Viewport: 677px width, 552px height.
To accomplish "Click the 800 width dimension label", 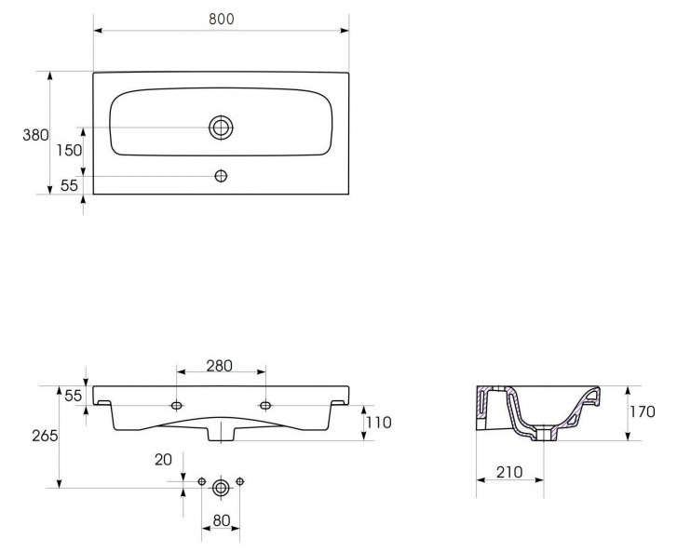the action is tap(221, 19).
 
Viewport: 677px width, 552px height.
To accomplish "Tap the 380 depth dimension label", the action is tap(35, 135).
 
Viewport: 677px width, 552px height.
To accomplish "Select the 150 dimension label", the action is tap(69, 150).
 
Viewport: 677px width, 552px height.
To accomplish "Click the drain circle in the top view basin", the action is tap(221, 128).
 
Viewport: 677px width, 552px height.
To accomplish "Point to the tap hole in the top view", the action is tap(221, 176).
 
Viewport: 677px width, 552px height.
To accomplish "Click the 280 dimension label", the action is tap(220, 366).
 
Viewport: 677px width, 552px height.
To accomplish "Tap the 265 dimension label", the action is tap(45, 436).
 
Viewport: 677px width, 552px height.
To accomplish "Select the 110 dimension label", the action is tap(379, 422).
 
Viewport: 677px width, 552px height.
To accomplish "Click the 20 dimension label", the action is tap(163, 460).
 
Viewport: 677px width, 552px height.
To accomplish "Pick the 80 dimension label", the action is tap(221, 520).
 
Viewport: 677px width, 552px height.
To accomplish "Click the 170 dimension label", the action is tap(642, 411).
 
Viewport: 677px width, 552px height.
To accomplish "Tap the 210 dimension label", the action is tap(509, 472).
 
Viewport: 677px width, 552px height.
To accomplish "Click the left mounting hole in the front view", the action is tap(177, 405).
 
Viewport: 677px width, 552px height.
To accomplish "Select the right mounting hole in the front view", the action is tap(265, 405).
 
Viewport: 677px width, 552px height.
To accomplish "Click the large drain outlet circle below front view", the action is tap(221, 488).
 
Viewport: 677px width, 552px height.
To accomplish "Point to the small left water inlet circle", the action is tap(202, 481).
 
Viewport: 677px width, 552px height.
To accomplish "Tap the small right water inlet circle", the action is tap(240, 481).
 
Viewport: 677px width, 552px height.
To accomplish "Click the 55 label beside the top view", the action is tap(69, 185).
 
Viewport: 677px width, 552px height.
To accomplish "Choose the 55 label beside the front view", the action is tap(73, 396).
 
